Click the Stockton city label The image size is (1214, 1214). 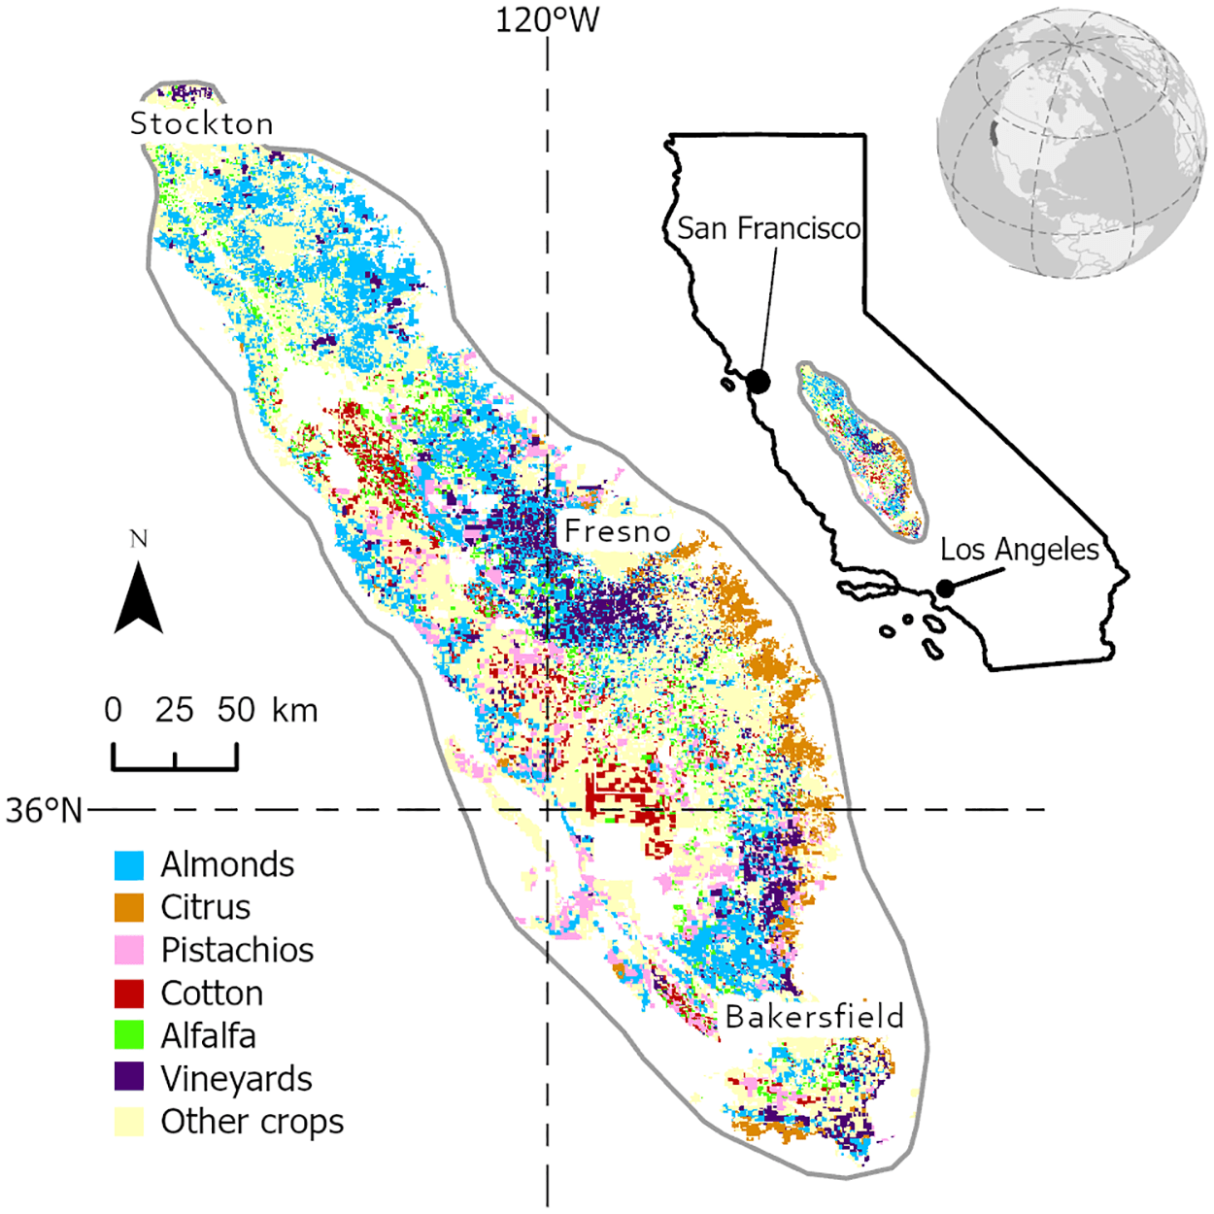[x=202, y=123]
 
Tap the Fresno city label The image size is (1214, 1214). [x=618, y=531]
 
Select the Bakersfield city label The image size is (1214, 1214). [x=814, y=1017]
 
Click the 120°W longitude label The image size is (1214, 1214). [x=548, y=19]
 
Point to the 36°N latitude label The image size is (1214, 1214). [x=44, y=810]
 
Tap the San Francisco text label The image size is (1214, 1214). [x=768, y=228]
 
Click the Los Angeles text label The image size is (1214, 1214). [x=1019, y=550]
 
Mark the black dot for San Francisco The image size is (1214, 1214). [x=759, y=382]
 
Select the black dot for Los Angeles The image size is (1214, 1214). [x=945, y=589]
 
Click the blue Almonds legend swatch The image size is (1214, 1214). [x=129, y=864]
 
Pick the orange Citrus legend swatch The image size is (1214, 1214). [x=129, y=907]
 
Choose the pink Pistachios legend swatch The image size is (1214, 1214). [x=129, y=950]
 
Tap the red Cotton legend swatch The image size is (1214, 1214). [x=129, y=993]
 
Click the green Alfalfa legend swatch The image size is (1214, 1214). [x=129, y=1035]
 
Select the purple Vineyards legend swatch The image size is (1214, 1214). [x=129, y=1078]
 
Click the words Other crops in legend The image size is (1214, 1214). [x=252, y=1122]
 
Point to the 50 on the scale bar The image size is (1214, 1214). [x=236, y=710]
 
